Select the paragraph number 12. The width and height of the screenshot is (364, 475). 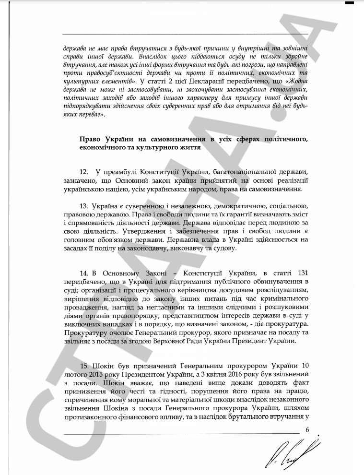pyautogui.click(x=83, y=172)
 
